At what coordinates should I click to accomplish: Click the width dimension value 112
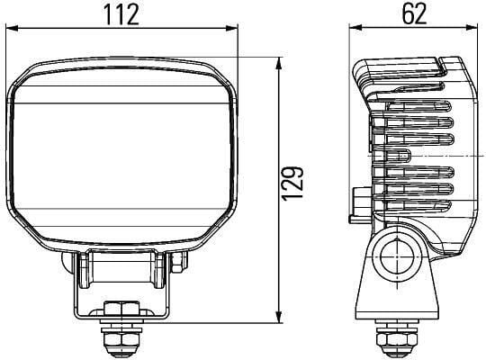click(126, 14)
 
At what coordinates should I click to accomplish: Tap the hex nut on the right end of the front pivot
click(178, 261)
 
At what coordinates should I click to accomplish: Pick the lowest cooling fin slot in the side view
click(416, 206)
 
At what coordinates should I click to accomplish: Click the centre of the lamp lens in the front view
click(126, 153)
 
